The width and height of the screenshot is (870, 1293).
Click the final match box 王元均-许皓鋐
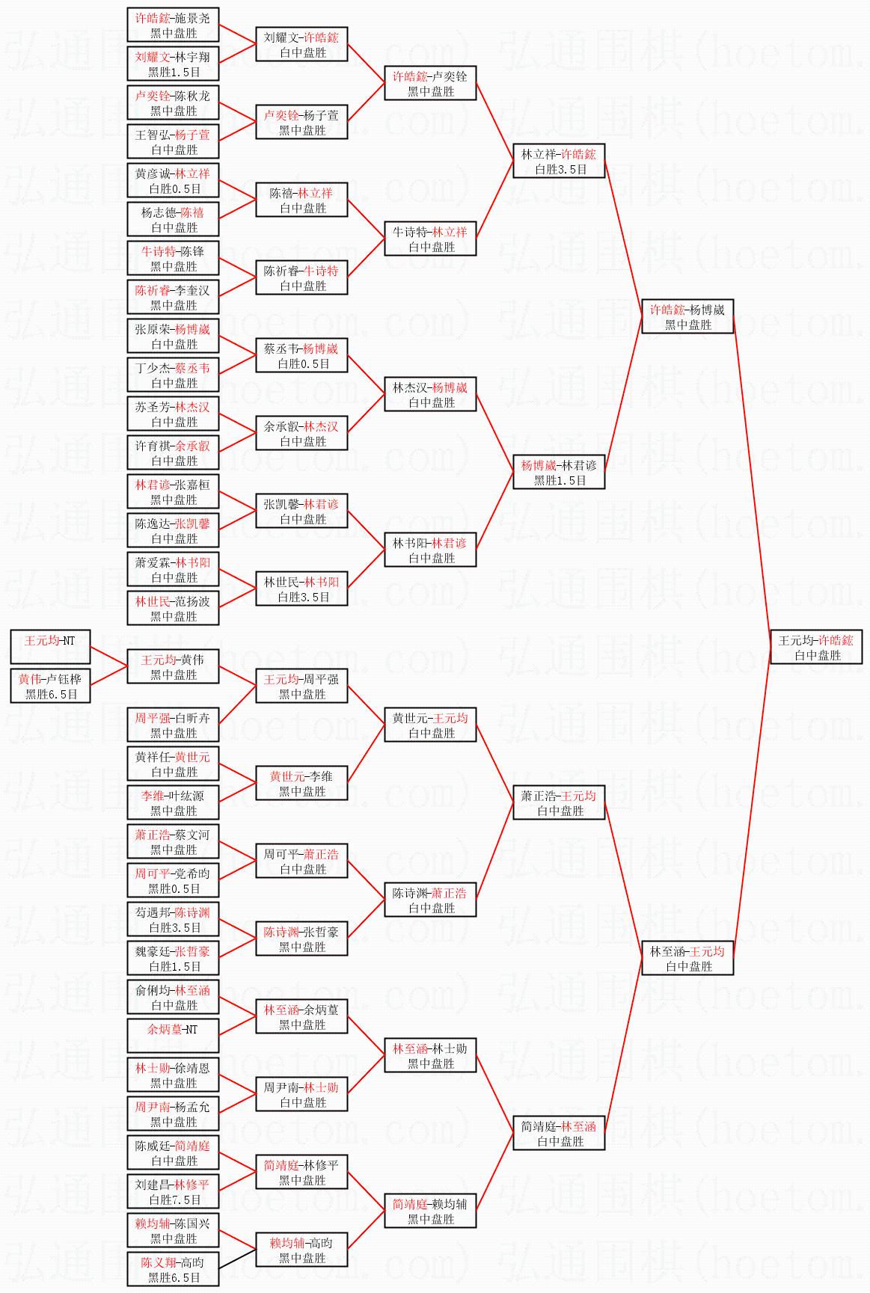[816, 648]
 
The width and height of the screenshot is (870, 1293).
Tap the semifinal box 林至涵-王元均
[687, 959]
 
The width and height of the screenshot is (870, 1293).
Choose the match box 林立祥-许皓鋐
[559, 162]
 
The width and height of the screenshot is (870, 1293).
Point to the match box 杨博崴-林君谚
[559, 473]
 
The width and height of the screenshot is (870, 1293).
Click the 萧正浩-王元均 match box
[559, 803]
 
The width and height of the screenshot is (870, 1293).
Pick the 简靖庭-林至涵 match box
[559, 1134]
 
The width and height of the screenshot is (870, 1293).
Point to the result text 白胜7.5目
[174, 1200]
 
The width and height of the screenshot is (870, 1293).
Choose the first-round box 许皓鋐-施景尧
[173, 25]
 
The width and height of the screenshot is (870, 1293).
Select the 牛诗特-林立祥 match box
[430, 239]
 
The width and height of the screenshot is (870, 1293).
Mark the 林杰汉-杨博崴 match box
[430, 395]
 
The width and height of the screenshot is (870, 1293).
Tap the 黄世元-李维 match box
[301, 784]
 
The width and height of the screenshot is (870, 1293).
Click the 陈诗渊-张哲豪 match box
[301, 939]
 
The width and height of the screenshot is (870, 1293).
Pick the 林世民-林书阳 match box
[301, 589]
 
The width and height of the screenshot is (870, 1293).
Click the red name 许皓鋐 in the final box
[835, 641]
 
